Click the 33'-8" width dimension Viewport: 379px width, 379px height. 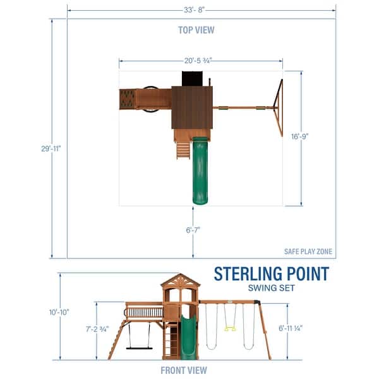tap(201, 9)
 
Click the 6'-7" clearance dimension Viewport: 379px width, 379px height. tap(193, 231)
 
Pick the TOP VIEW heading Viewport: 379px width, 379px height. tap(196, 30)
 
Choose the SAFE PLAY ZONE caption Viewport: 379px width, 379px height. tap(310, 251)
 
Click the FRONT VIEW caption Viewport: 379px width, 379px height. tap(183, 370)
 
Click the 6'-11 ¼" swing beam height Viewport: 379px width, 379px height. tap(308, 329)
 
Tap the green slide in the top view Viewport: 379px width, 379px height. tap(200, 171)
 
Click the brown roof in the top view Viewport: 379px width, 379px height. tap(192, 107)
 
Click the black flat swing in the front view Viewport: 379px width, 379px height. tap(138, 347)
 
